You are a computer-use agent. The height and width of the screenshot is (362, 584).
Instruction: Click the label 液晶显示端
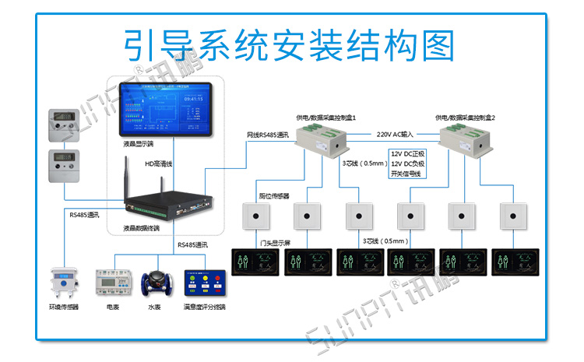coord(138,144)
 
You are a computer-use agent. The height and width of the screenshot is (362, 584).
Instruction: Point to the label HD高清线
coord(160,164)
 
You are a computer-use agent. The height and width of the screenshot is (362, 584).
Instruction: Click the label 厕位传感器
coord(274,195)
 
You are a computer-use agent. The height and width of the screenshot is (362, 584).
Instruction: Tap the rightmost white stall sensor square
coord(513,215)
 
